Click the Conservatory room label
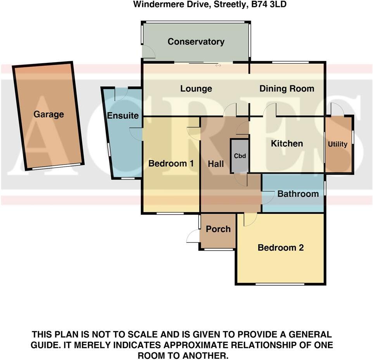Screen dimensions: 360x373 196,42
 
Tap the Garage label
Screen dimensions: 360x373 48,114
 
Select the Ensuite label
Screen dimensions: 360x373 123,116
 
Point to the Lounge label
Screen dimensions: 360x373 196,89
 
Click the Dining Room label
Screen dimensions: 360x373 287,89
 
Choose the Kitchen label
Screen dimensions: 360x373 287,144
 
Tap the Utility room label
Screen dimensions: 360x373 337,144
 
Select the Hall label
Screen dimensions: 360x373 216,164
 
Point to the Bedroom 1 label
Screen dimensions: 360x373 171,164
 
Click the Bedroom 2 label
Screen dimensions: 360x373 280,247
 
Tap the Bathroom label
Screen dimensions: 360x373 298,194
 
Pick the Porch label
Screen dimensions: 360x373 218,229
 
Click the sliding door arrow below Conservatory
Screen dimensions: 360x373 218,66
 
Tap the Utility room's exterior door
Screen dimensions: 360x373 337,109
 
